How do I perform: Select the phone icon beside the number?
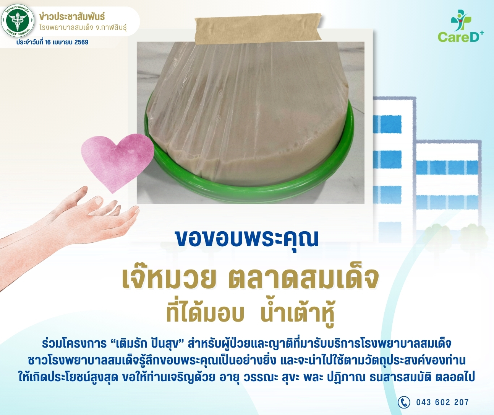point(403,402)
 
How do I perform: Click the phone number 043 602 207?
point(442,402)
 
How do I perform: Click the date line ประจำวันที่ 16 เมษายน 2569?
point(52,42)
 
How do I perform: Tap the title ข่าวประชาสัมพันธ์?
point(72,17)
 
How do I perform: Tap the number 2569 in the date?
point(81,42)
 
